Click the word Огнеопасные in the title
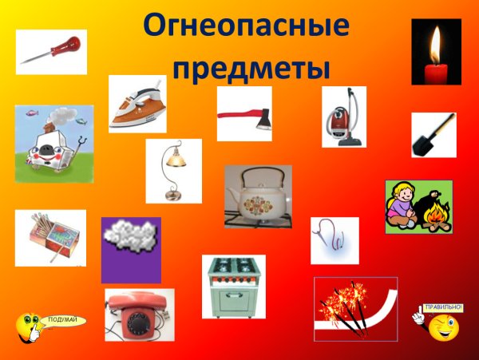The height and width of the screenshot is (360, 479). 246,27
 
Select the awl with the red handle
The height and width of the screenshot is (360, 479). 51,51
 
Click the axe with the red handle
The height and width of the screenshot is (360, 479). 244,113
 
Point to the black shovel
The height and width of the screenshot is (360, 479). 433,134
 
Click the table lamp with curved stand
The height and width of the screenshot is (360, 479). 173,171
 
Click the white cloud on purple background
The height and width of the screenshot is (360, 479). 130,239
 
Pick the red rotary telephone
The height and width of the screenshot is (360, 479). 139,315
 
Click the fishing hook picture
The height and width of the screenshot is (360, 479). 334,239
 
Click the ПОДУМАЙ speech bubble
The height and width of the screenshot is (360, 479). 62,321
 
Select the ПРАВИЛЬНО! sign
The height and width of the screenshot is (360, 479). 442,307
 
